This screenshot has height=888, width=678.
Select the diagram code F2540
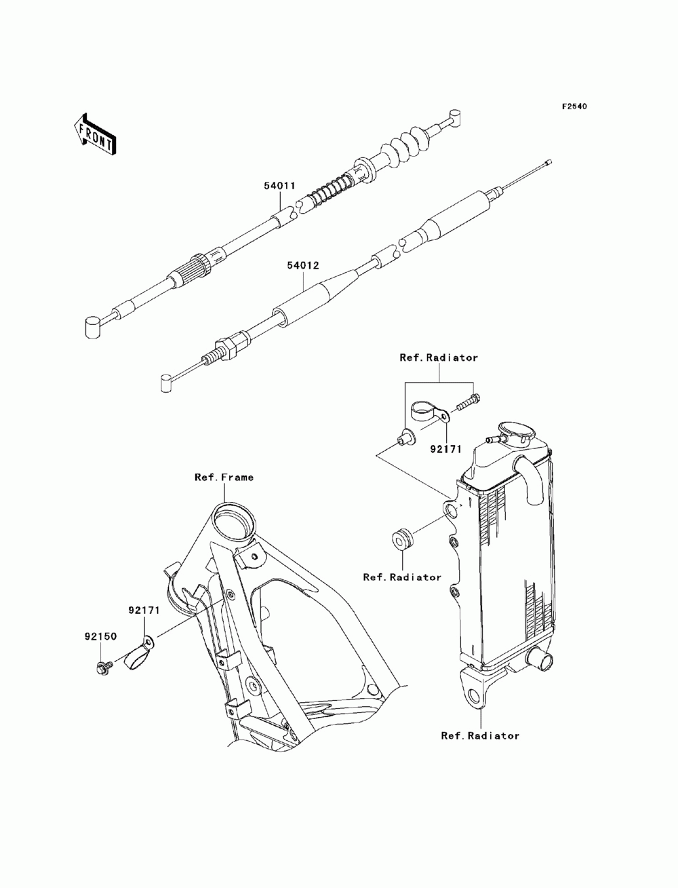tap(573, 107)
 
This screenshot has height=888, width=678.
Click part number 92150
tap(100, 636)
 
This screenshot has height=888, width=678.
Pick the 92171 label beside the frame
tap(144, 610)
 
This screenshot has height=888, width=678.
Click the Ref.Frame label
tap(224, 478)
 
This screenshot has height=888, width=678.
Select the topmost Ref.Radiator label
tap(438, 357)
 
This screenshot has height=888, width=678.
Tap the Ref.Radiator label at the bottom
tap(480, 735)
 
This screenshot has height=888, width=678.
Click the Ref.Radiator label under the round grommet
tap(402, 577)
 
